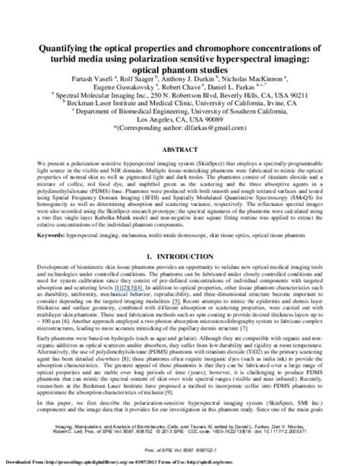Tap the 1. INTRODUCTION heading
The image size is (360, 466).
click(180, 258)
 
